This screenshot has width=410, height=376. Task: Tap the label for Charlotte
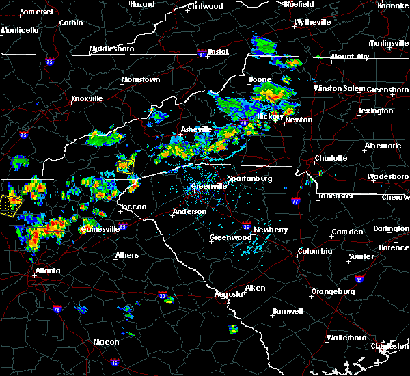pos(331,159)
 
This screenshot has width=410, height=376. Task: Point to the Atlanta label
pos(47,271)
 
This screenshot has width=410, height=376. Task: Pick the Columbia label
pos(314,251)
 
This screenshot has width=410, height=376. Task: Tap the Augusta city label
pos(227,294)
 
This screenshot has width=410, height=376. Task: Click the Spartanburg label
pos(249,178)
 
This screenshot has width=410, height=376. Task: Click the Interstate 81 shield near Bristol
pos(202,51)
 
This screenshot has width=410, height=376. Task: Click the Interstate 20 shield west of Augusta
pos(163,295)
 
